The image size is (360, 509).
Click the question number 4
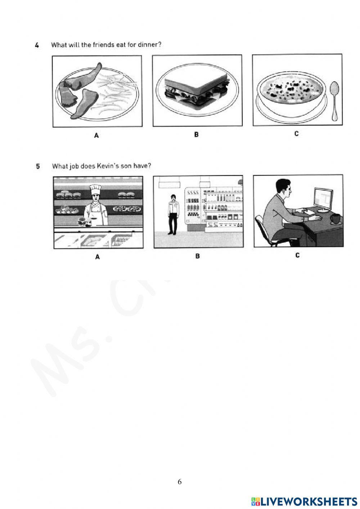pos(37,45)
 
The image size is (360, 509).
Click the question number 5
pos(38,166)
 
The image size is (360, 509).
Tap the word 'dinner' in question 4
pos(149,45)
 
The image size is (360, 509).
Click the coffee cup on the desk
pos(336,218)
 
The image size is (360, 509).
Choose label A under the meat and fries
pos(96,135)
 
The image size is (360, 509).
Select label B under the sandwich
pos(196,135)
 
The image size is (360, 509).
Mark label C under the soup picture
pos(296,134)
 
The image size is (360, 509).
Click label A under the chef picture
pos(97,257)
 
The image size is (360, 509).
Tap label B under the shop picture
pos(197,256)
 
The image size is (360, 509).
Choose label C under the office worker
pos(297,255)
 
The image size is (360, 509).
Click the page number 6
pos(180,482)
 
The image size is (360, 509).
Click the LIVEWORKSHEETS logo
pos(304,501)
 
